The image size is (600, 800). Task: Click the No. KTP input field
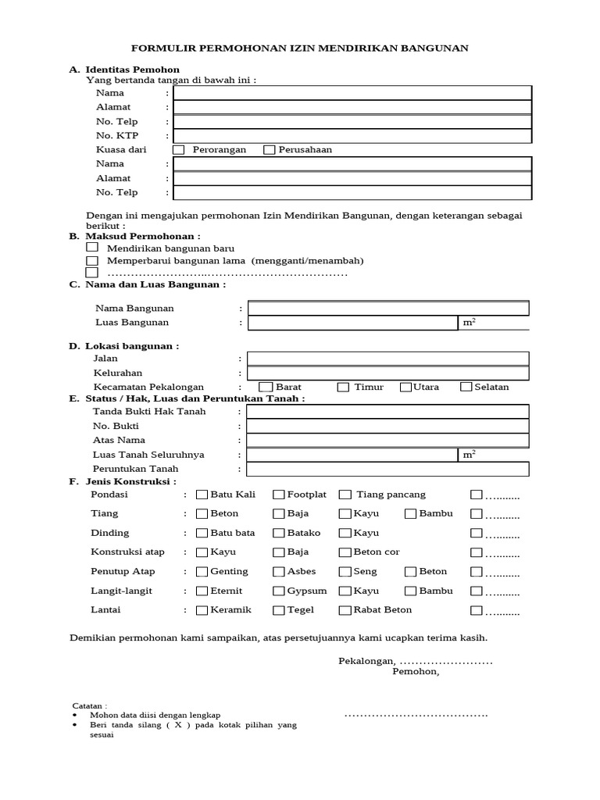point(352,136)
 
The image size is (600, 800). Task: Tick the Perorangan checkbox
point(179,150)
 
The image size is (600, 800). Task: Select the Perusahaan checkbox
point(270,150)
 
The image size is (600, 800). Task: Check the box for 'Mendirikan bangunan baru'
point(92,247)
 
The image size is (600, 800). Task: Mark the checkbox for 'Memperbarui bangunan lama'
point(92,260)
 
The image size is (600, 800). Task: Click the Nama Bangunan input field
point(388,308)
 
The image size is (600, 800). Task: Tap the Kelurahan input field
point(388,373)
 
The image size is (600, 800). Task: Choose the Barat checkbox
point(266,387)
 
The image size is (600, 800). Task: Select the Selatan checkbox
point(466,387)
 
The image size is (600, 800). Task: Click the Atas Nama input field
point(388,441)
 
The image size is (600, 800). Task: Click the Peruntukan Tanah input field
point(388,469)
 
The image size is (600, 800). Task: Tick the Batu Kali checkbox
point(202,495)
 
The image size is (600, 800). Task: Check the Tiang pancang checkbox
point(345,495)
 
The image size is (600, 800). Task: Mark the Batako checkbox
point(279,533)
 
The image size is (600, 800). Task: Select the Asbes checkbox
point(279,572)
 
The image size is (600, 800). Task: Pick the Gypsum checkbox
point(279,591)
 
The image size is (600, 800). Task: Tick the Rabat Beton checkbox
point(345,610)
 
